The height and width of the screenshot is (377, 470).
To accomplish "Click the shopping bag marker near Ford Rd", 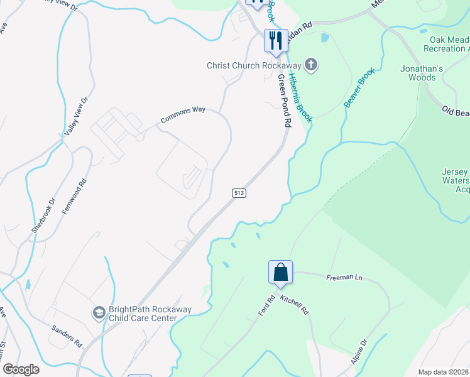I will pyautogui.click(x=280, y=272).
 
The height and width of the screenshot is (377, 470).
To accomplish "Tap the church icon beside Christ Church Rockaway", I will pyautogui.click(x=310, y=64).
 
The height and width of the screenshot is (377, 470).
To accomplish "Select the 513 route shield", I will pyautogui.click(x=238, y=193).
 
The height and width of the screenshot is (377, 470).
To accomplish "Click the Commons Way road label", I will pyautogui.click(x=183, y=114).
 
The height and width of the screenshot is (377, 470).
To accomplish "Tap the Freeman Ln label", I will pyautogui.click(x=345, y=278).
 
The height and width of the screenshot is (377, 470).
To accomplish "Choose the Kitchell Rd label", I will pyautogui.click(x=294, y=305).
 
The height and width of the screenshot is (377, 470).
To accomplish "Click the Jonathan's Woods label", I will pyautogui.click(x=427, y=73).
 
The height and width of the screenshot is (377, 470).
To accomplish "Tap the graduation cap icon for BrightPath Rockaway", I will pyautogui.click(x=99, y=312).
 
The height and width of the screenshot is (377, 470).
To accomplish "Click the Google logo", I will pyautogui.click(x=21, y=369).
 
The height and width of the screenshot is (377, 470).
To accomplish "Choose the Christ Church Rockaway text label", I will pyautogui.click(x=254, y=65).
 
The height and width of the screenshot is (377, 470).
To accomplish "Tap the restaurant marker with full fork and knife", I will pyautogui.click(x=275, y=40).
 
